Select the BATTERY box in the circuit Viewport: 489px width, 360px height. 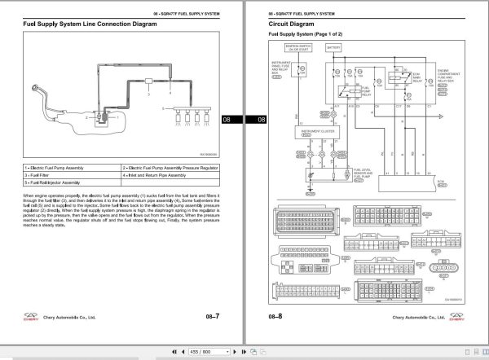334,48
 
